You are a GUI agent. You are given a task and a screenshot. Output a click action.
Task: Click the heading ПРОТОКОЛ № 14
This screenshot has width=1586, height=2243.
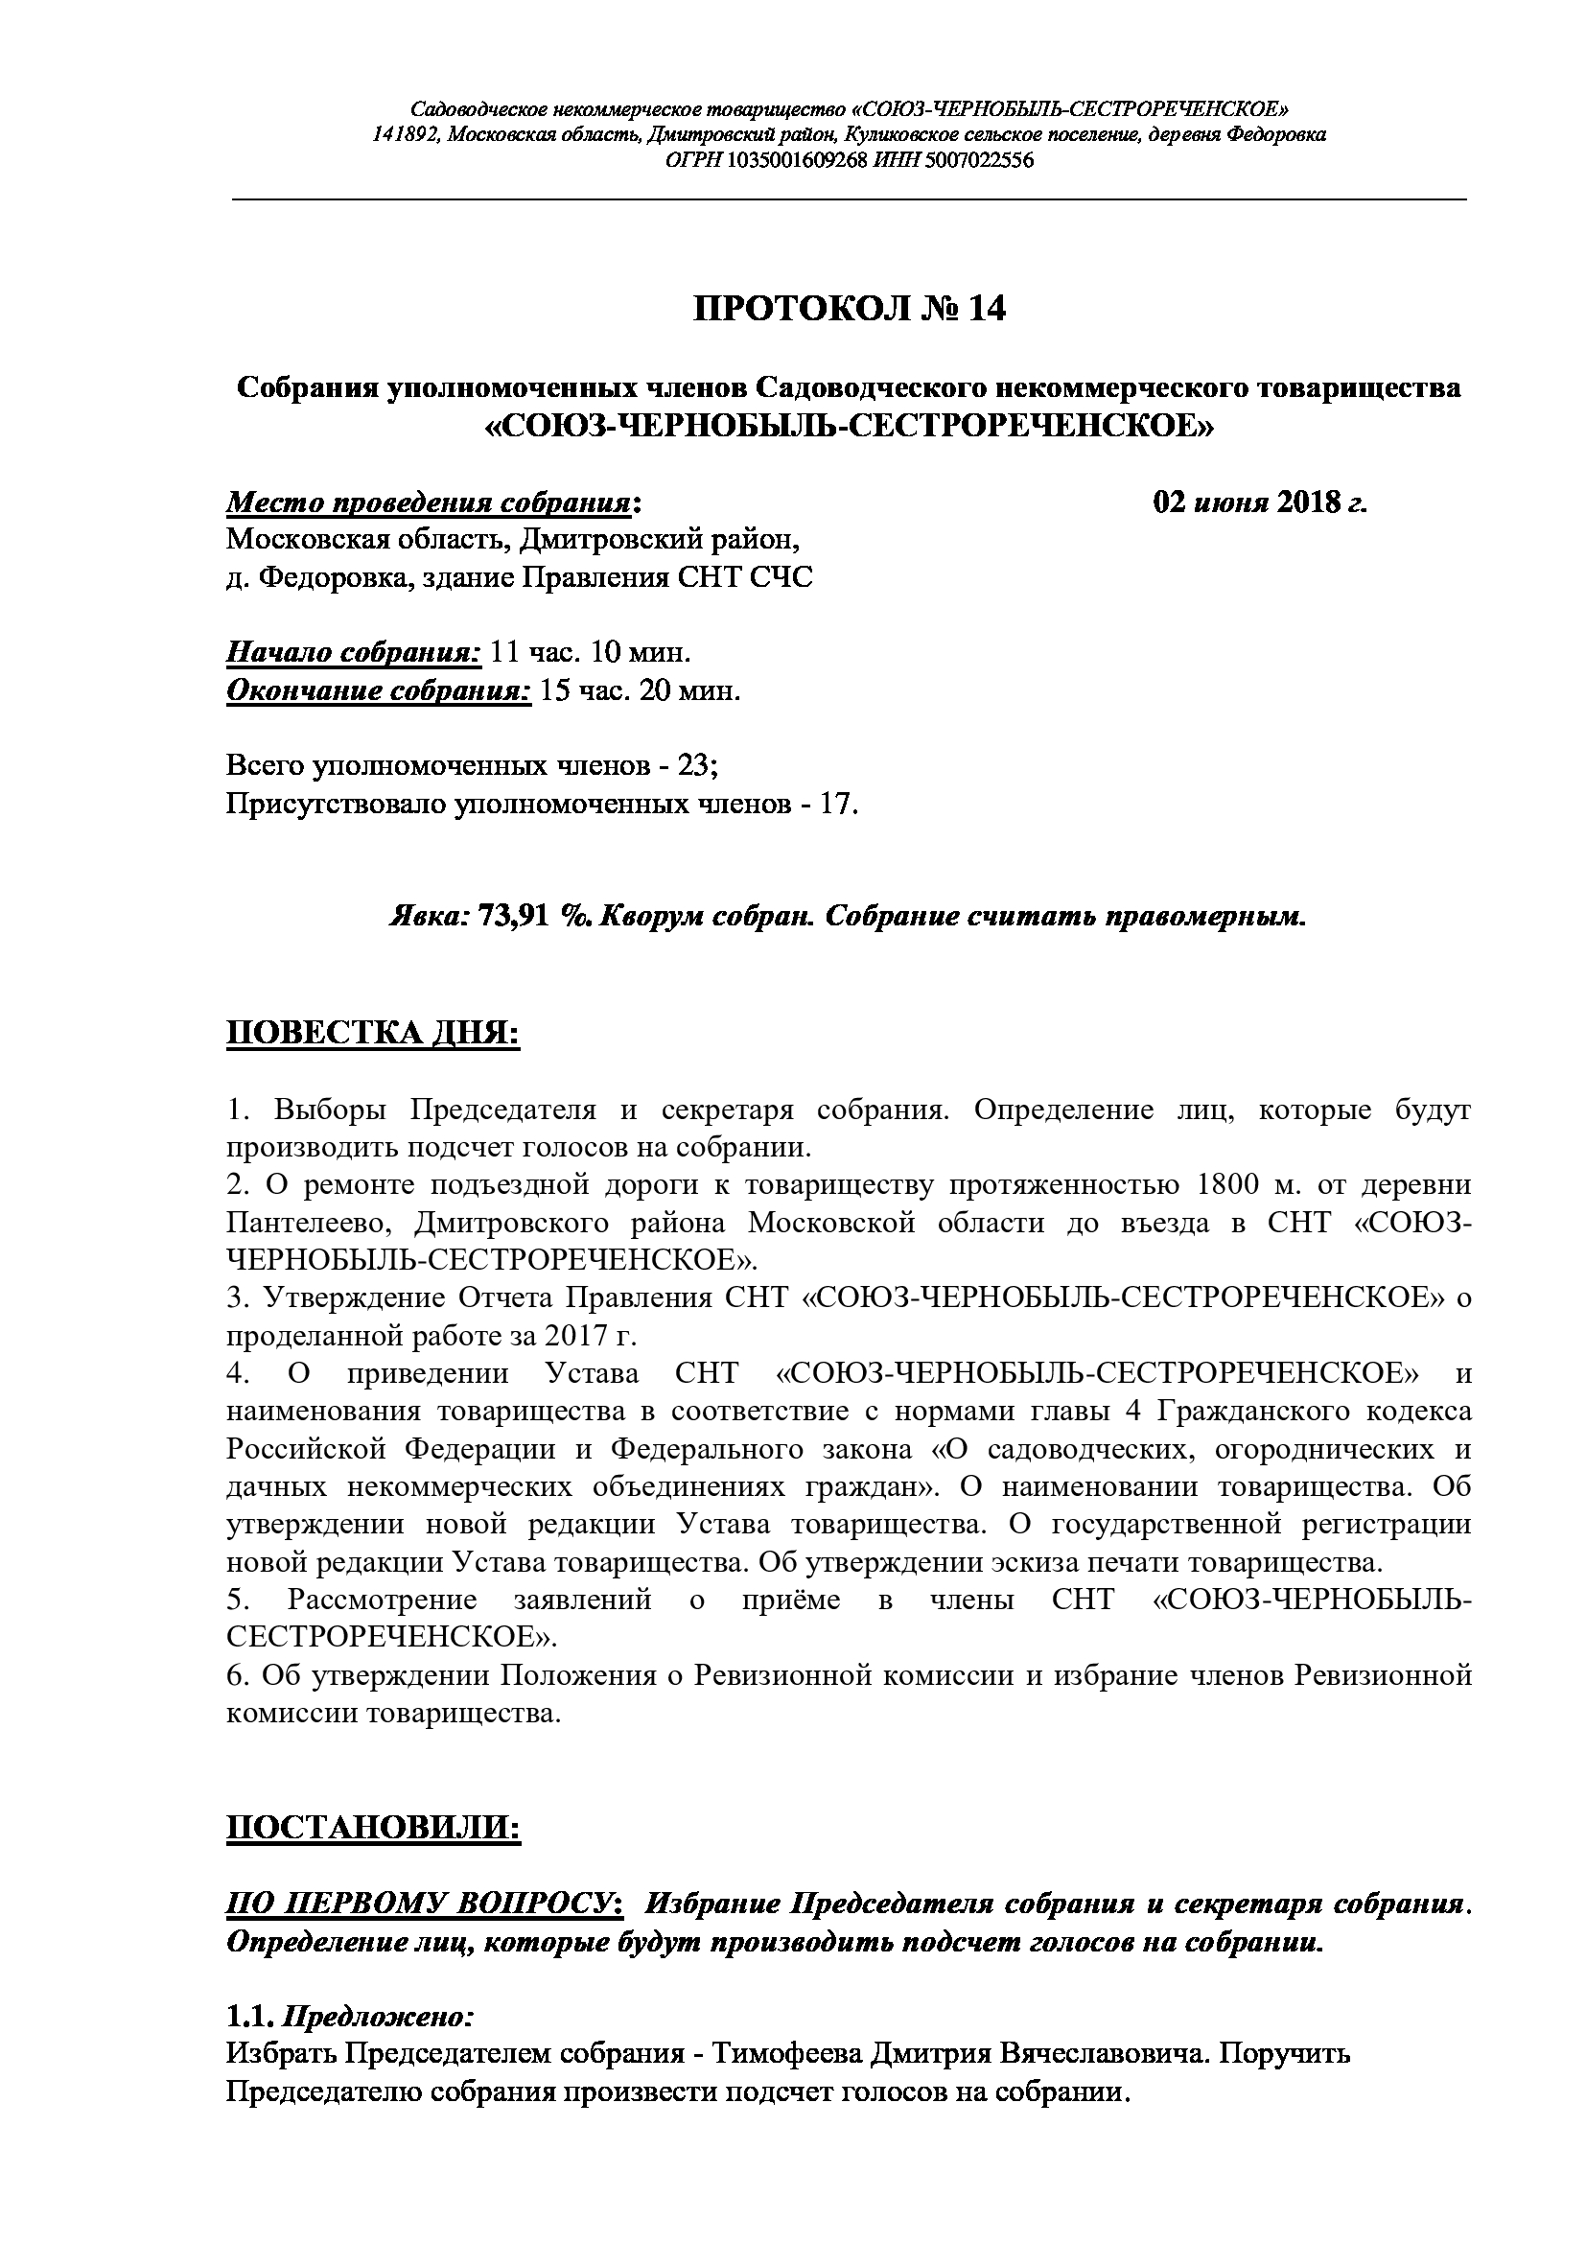click(849, 309)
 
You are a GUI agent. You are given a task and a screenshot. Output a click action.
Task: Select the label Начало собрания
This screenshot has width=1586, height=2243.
click(354, 651)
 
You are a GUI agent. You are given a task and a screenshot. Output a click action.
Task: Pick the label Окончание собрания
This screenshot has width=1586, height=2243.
click(379, 690)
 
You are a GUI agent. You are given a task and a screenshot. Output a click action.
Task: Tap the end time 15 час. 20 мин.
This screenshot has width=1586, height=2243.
click(640, 690)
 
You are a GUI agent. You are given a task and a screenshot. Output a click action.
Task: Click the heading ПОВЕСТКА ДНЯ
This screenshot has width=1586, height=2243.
click(372, 1034)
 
